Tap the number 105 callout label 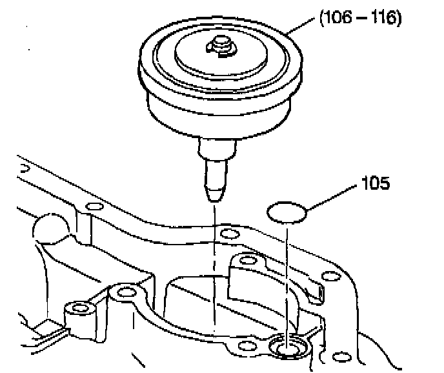[375, 185]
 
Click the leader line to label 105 [332, 197]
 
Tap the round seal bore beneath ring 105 [288, 348]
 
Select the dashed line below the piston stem [213, 271]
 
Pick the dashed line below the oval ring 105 [287, 277]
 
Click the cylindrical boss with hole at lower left [79, 310]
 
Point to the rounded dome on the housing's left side [50, 228]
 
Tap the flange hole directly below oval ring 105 [246, 260]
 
